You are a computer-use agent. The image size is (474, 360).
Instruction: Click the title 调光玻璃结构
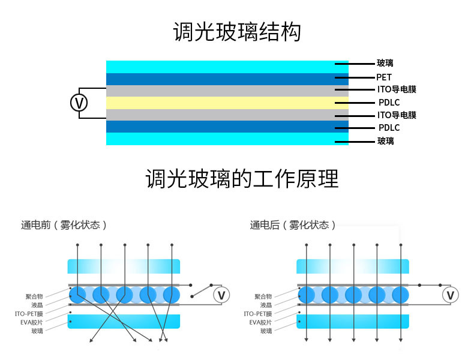[x=236, y=32]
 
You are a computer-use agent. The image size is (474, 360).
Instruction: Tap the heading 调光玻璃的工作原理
[x=242, y=179]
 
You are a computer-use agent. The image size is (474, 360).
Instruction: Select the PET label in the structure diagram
[x=384, y=77]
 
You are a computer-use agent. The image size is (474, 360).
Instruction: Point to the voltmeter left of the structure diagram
[x=79, y=103]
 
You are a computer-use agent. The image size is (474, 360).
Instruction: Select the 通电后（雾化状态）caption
[x=293, y=225]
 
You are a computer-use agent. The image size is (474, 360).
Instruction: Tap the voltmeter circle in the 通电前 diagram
[x=221, y=295]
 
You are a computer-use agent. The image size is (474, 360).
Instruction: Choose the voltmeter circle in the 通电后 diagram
[x=450, y=295]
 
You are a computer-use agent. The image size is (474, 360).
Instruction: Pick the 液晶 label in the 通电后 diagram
[x=266, y=305]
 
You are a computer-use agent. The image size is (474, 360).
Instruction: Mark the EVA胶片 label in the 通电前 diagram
[x=31, y=322]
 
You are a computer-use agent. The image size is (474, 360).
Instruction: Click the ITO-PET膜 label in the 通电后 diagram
[x=257, y=314]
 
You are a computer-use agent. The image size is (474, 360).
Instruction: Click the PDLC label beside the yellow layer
[x=389, y=103]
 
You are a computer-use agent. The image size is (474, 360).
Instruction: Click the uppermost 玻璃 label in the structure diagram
[x=385, y=63]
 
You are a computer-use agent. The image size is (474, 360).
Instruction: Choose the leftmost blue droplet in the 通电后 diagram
[x=306, y=295]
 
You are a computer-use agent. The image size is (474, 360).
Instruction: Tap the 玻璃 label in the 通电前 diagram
[x=37, y=331]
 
